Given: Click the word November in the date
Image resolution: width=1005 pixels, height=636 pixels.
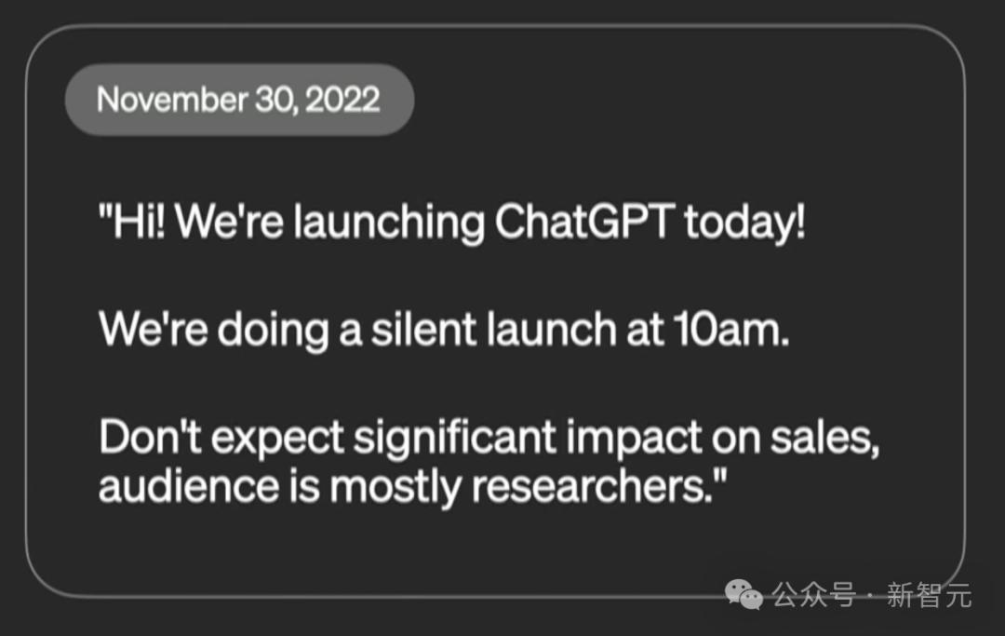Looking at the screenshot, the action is click(x=172, y=100).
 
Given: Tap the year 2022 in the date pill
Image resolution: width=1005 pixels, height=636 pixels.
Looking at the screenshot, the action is click(x=342, y=100).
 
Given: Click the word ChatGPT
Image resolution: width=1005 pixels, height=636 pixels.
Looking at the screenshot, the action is click(x=584, y=222).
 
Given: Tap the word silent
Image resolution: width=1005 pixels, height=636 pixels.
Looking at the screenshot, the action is click(x=423, y=330).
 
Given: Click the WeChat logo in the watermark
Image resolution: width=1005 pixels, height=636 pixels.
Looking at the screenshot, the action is click(x=744, y=594).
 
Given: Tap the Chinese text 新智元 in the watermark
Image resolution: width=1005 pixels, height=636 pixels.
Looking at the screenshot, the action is click(x=929, y=595).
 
